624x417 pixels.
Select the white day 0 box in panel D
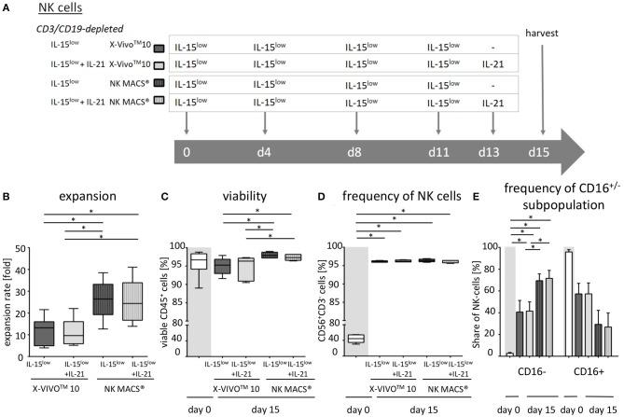[355, 338]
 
